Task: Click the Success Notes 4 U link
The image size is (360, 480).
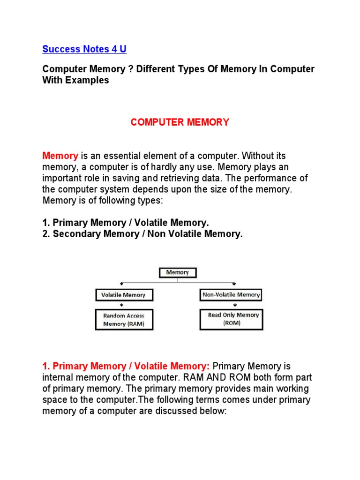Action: coord(84,49)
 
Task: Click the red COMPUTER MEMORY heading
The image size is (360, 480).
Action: coord(180,122)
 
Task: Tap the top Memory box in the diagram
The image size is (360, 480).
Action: coord(177,272)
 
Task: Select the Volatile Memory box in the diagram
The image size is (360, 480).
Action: coord(123,295)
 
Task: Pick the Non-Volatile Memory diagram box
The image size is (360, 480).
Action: coord(231,295)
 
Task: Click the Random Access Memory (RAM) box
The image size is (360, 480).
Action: coord(123,319)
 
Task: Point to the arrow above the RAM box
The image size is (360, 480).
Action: coord(121,305)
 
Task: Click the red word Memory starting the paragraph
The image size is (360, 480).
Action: coord(60,156)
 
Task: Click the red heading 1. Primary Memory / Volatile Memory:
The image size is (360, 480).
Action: coord(126,366)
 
